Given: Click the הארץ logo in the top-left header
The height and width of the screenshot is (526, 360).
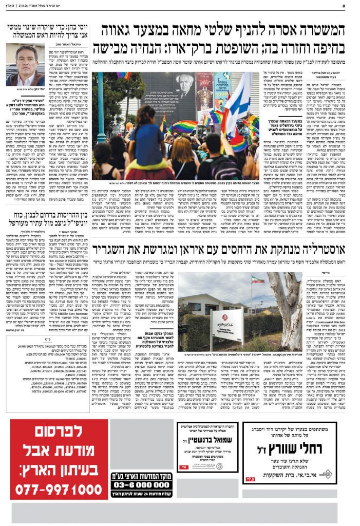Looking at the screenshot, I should click(13, 6).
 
